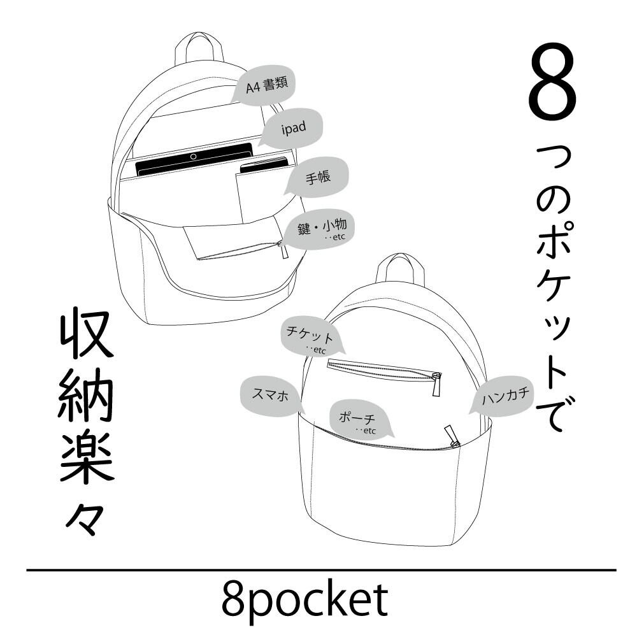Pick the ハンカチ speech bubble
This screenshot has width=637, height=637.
(505, 397)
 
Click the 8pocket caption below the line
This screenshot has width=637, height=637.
(304, 599)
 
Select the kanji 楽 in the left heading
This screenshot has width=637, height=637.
(87, 459)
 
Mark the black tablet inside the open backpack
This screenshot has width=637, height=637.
(194, 161)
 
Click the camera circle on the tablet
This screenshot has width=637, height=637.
(193, 156)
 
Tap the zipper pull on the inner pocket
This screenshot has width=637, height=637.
(282, 249)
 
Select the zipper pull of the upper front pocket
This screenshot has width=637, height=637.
(437, 384)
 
